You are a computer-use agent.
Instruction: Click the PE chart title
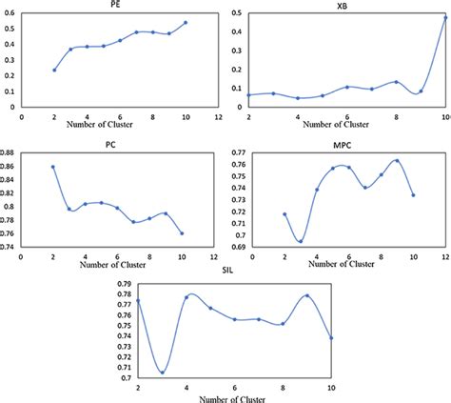114,5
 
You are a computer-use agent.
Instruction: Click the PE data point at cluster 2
54,70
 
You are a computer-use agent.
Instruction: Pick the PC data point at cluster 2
52,167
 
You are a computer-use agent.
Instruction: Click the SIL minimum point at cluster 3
163,372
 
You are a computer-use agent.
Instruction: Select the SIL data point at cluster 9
306,296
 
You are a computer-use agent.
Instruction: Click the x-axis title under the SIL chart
234,397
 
